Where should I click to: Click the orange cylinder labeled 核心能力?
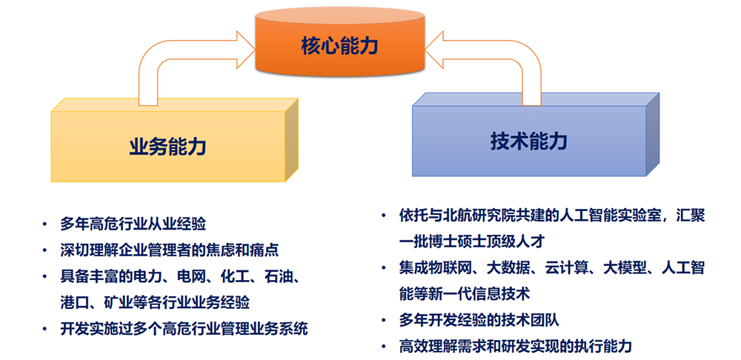(x=339, y=43)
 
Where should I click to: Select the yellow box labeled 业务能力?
(x=174, y=140)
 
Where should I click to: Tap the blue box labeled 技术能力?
(x=535, y=135)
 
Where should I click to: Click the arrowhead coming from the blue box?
(x=433, y=49)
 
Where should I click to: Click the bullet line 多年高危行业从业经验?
(x=133, y=224)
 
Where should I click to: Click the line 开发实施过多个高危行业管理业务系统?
(x=184, y=329)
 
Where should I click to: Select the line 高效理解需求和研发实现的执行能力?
(x=515, y=347)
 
